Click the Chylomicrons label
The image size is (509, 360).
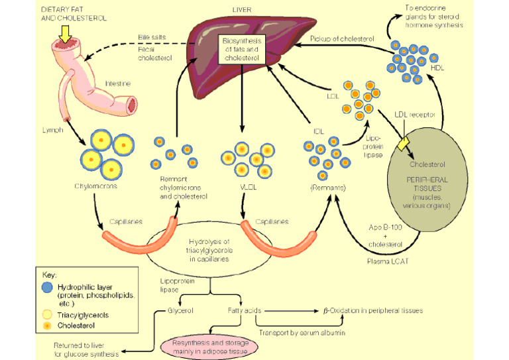pos(100,186)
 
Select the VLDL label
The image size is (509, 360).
pos(245,188)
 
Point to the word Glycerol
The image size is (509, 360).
pos(180,310)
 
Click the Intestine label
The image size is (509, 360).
pos(118,84)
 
